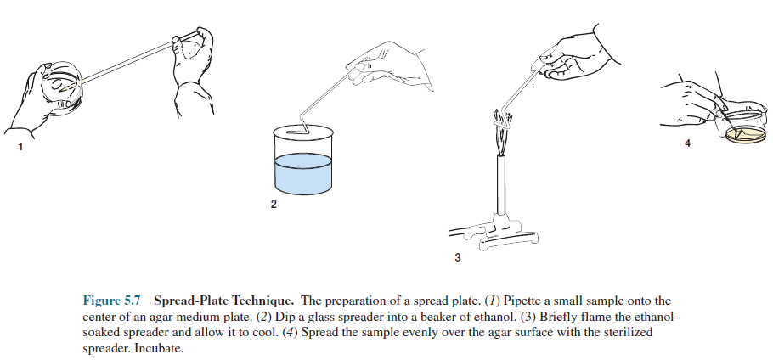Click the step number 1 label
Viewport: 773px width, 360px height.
tap(20, 147)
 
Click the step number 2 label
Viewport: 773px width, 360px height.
tap(274, 204)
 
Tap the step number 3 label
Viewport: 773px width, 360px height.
tap(458, 257)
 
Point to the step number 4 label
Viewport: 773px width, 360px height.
tap(688, 143)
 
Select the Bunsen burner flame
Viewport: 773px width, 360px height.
tap(502, 133)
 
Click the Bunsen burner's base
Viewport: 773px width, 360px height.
tap(503, 236)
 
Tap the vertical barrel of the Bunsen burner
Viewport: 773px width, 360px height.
tap(501, 185)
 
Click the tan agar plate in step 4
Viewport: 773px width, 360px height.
tap(746, 134)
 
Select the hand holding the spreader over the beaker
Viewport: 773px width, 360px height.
tap(392, 66)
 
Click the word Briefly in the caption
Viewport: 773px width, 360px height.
tap(578, 316)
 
